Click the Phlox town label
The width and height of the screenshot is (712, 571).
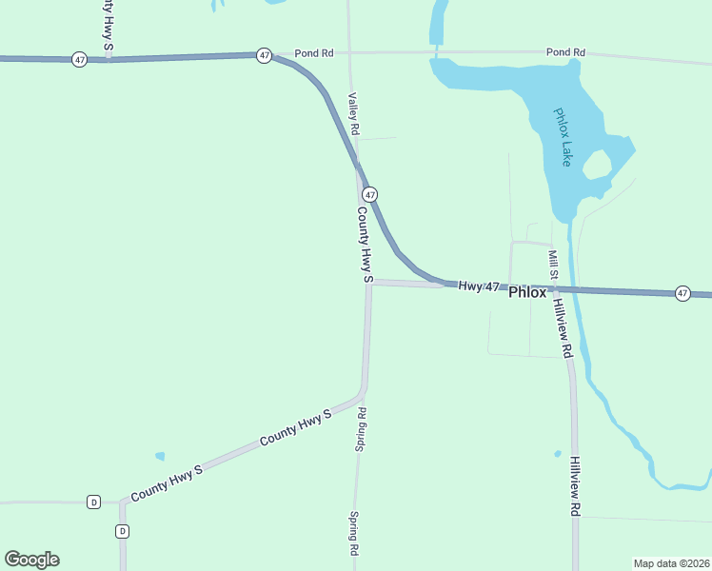click(527, 293)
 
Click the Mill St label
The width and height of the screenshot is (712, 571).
click(552, 266)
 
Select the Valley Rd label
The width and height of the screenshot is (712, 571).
click(353, 113)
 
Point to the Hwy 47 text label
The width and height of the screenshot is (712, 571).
click(478, 286)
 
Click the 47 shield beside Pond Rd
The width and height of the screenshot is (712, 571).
click(264, 56)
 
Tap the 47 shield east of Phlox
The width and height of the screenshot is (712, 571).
click(682, 293)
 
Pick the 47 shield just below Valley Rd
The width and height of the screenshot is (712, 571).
click(370, 194)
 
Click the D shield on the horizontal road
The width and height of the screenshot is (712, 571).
click(93, 502)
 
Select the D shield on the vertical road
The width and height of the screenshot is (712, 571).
click(122, 531)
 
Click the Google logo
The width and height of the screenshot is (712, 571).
click(31, 560)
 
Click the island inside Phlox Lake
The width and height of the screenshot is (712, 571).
click(597, 166)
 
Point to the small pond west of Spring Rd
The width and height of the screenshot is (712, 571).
click(160, 456)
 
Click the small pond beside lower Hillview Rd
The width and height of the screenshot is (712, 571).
click(557, 453)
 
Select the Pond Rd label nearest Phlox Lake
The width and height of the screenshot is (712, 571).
click(565, 52)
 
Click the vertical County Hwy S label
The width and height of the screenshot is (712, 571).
click(364, 245)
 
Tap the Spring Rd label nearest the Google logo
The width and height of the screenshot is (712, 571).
click(353, 534)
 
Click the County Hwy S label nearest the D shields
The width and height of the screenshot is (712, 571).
click(168, 482)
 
